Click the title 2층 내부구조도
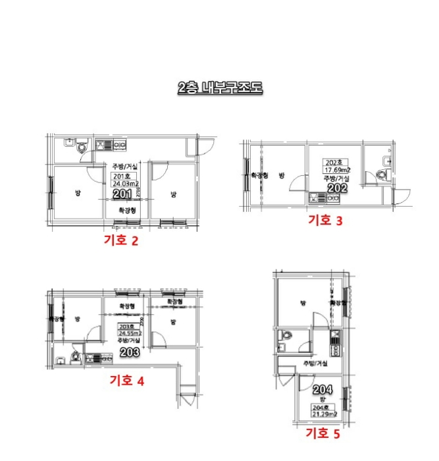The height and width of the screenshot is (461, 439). point(219,87)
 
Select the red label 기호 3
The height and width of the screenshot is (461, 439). point(325,221)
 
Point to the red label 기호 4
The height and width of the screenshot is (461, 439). point(126,380)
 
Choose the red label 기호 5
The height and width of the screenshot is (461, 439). point(323,433)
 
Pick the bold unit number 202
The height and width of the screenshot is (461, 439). point(337,188)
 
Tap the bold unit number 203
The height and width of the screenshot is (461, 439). point(130,352)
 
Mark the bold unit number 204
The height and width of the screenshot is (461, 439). point(323,389)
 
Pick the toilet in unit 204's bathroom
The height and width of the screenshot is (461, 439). point(284,336)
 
